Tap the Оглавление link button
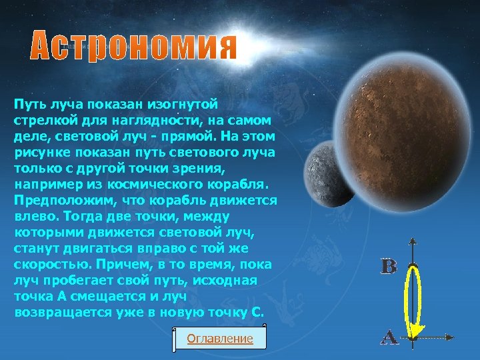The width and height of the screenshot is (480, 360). coord(220,339)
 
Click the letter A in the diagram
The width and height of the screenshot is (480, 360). coord(389,337)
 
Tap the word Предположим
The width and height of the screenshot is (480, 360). coord(55,200)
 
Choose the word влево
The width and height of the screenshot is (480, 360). coord(34,216)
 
